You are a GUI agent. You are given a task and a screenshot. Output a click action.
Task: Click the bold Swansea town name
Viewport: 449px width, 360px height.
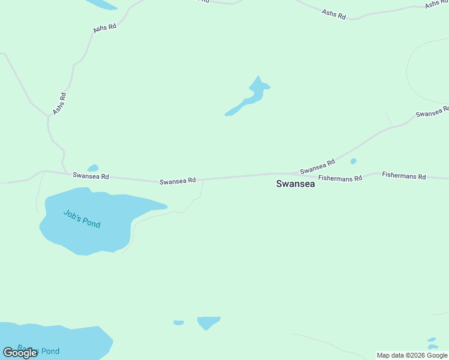click(295, 184)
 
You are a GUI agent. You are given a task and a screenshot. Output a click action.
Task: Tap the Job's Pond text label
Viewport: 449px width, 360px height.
click(82, 218)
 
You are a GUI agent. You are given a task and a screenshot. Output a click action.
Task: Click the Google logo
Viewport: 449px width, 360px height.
click(20, 353)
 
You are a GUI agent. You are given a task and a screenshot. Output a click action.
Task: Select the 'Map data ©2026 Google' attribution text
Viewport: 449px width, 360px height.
click(412, 355)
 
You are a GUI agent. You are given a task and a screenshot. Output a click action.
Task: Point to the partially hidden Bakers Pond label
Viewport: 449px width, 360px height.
click(38, 350)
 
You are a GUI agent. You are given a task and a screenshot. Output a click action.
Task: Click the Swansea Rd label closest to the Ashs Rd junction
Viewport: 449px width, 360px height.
click(91, 176)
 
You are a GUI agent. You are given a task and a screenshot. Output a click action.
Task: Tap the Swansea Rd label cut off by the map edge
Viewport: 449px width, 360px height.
click(432, 112)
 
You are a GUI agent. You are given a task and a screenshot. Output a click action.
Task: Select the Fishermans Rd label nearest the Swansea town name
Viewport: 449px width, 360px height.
click(340, 178)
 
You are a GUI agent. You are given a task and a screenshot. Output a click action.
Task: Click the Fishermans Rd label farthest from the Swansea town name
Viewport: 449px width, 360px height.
click(404, 176)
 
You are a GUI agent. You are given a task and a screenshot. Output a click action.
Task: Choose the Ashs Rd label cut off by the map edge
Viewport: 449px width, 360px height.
click(435, 4)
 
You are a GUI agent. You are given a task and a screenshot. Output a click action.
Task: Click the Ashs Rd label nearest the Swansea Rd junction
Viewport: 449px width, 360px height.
click(59, 103)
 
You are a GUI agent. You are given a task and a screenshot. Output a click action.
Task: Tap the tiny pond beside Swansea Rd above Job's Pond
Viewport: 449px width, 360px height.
click(93, 168)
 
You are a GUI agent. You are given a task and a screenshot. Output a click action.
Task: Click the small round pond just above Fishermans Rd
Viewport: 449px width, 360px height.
click(353, 161)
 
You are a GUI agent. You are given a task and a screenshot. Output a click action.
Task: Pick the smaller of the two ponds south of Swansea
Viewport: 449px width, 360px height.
click(178, 323)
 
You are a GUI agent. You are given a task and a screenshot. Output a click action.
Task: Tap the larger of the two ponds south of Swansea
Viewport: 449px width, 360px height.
click(208, 322)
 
